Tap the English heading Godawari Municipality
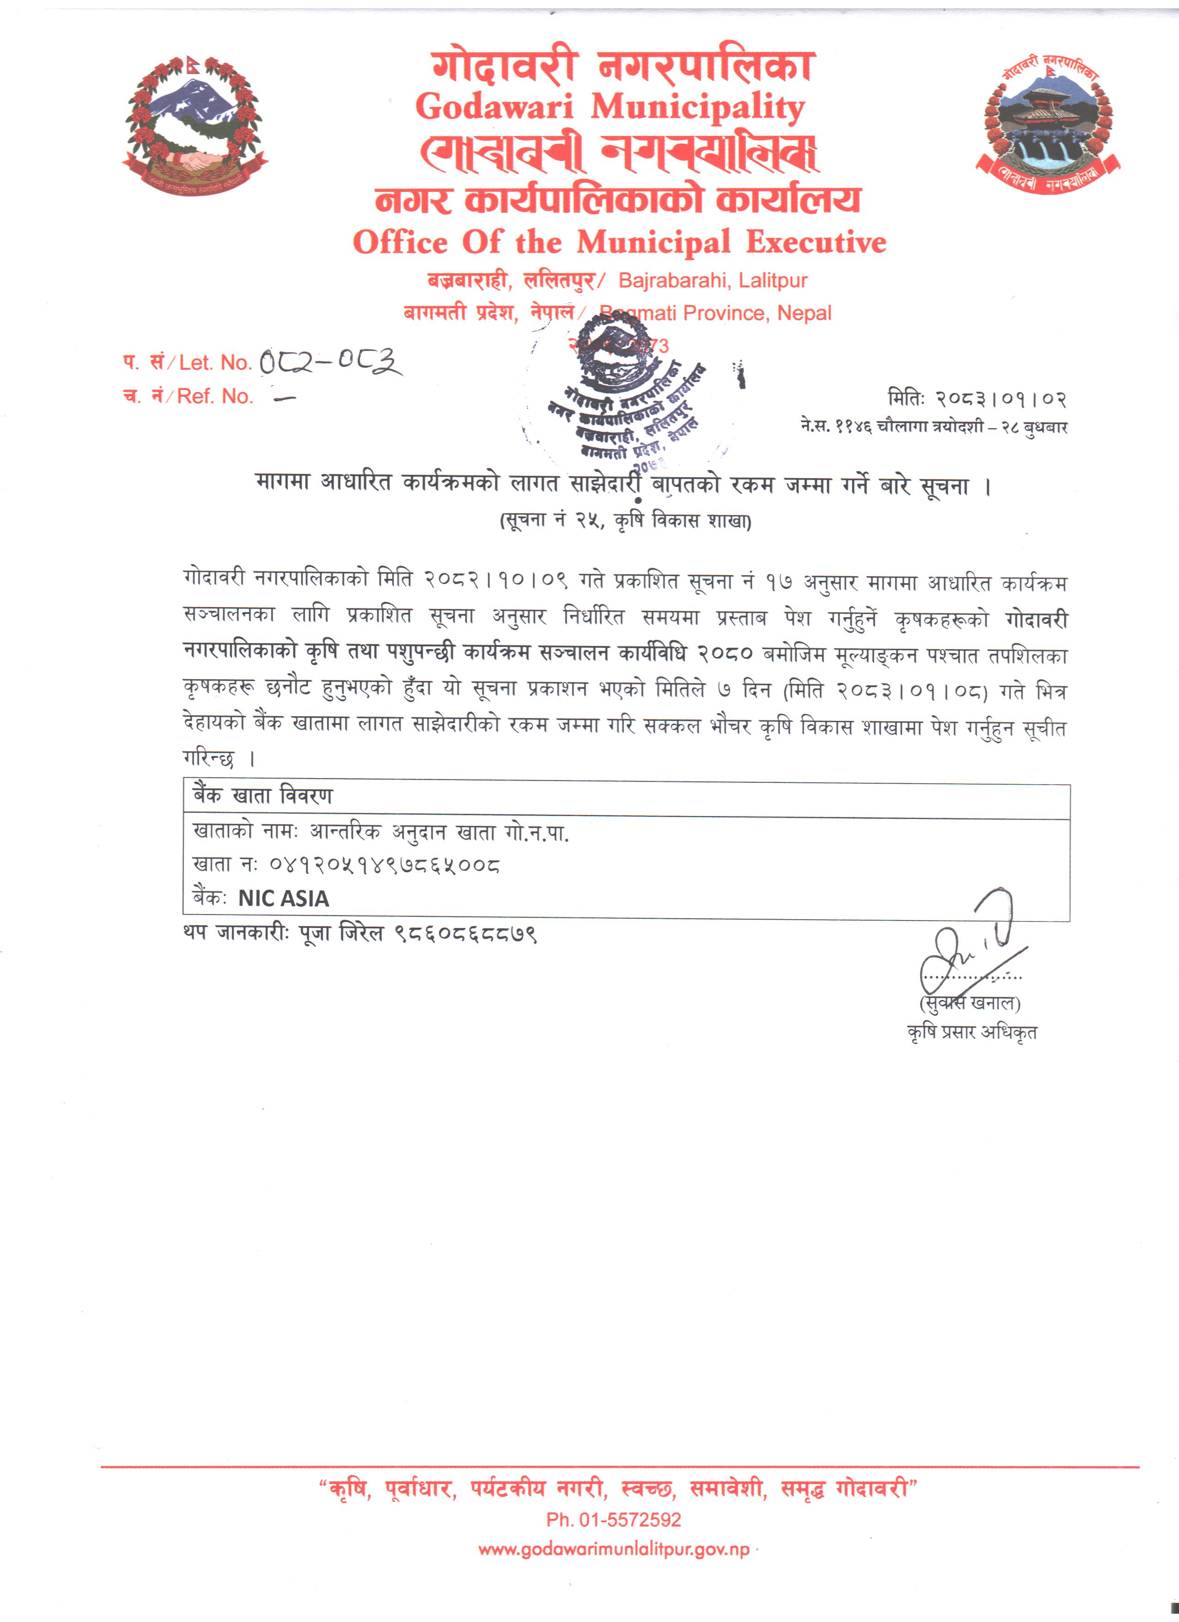[610, 107]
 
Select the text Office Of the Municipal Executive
[619, 242]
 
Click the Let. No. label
[215, 363]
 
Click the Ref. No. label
[215, 396]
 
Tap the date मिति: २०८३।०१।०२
[976, 399]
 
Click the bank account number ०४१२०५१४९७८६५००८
[384, 866]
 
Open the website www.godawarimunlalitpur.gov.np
[614, 1550]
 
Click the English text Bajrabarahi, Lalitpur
[713, 280]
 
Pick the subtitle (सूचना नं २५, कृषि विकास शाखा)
[625, 520]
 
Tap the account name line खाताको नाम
[381, 832]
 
